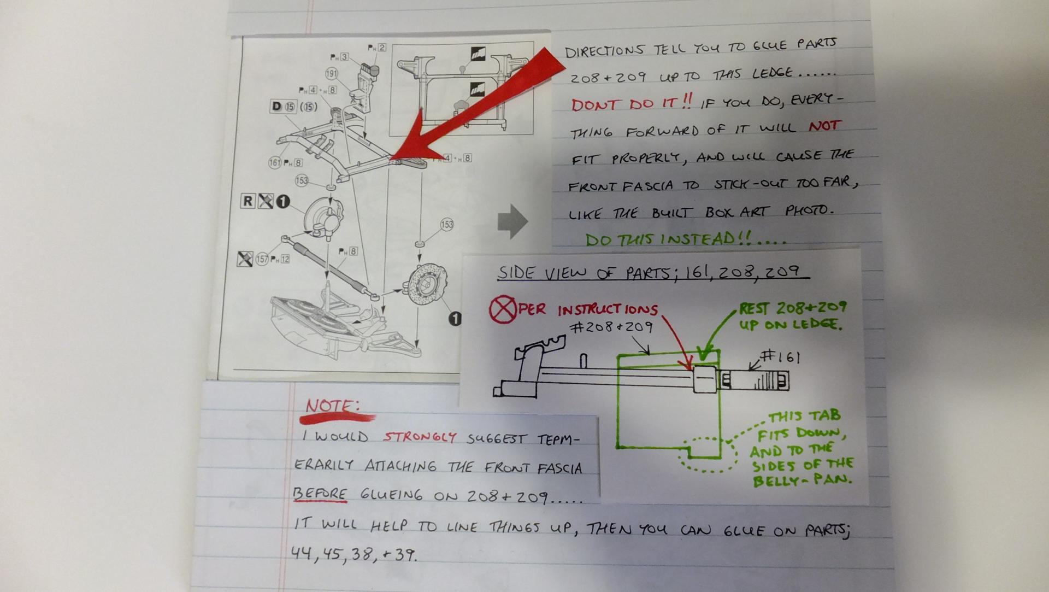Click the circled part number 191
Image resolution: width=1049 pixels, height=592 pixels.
tap(332, 74)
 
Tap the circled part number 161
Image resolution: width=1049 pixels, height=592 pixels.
tap(275, 162)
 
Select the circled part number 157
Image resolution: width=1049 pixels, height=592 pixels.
tap(262, 259)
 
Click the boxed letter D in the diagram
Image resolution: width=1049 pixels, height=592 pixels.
tap(276, 106)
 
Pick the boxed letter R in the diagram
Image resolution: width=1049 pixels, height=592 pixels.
tap(247, 201)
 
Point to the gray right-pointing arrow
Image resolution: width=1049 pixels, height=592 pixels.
tap(512, 221)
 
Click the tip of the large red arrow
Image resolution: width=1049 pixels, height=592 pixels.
tap(390, 160)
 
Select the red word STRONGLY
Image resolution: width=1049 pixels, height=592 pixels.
tap(419, 437)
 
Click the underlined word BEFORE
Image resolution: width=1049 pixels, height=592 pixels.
tap(320, 494)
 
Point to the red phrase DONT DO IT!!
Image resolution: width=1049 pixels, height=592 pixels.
tap(632, 103)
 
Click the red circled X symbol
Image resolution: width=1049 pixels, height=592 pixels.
tap(502, 310)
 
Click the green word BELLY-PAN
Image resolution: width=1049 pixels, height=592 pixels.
tap(802, 481)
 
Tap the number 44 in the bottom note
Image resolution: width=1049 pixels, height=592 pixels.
tap(301, 554)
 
